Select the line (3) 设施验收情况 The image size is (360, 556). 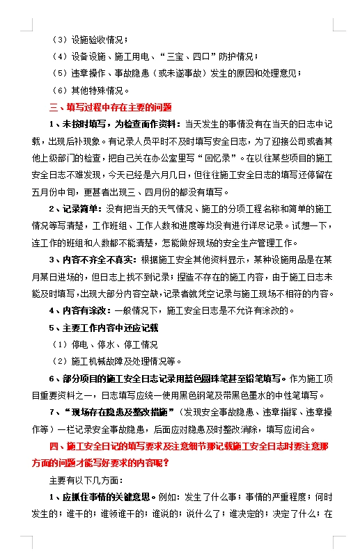91,40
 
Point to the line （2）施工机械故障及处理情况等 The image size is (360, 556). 116,361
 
